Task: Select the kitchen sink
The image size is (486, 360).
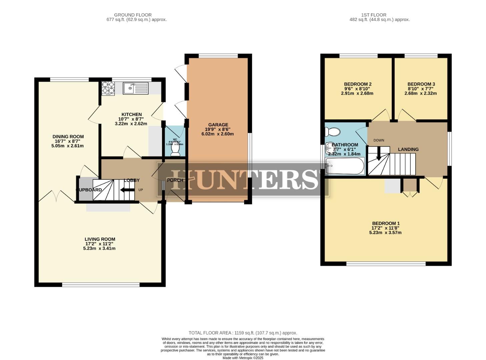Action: point(135,88)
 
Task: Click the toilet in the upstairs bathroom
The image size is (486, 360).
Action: point(333,132)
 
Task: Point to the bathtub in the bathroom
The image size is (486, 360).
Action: point(345,166)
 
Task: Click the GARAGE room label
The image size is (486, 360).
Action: point(218,125)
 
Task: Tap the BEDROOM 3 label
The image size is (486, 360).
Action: point(421,84)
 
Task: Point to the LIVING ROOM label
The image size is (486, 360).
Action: point(100,239)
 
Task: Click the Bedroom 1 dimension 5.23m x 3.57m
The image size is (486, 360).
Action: point(385,233)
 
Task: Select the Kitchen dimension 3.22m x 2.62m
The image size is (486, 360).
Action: point(131,124)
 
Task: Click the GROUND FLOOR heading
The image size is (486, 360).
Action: point(133,15)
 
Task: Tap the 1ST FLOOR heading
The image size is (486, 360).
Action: point(374,15)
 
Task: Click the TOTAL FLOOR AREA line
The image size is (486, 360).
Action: point(242,333)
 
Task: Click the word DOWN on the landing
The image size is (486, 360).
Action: point(379,140)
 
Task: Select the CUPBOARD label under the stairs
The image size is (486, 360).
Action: point(89,190)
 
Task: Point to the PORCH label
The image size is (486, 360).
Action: point(175,180)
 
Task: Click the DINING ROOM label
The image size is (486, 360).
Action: point(68,136)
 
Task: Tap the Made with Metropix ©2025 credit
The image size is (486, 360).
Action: point(242,358)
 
